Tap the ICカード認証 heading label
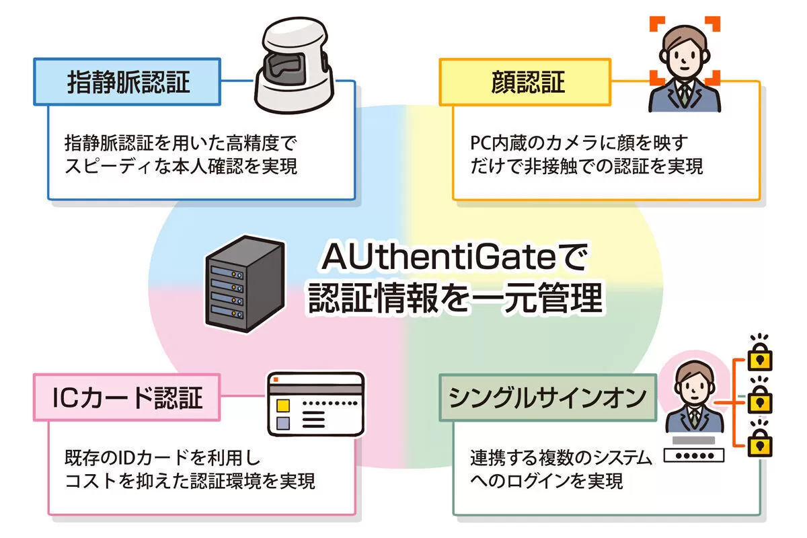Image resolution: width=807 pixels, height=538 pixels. coord(127,398)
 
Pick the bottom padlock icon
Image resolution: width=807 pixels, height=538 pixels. coord(761,444)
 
